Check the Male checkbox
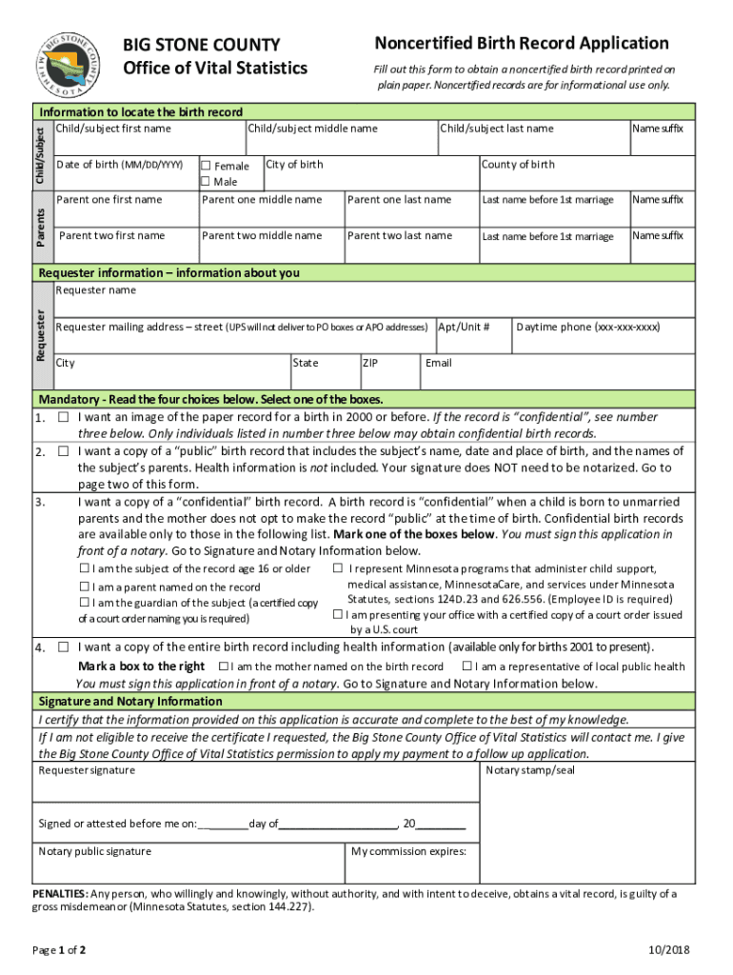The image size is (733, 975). pyautogui.click(x=205, y=182)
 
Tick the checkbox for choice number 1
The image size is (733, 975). pyautogui.click(x=63, y=418)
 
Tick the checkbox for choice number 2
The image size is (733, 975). pyautogui.click(x=63, y=451)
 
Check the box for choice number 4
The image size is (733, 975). pyautogui.click(x=63, y=647)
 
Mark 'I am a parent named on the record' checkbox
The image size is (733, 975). pyautogui.click(x=84, y=587)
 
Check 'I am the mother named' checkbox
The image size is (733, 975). pyautogui.click(x=223, y=667)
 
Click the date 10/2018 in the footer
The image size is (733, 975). pyautogui.click(x=670, y=950)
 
